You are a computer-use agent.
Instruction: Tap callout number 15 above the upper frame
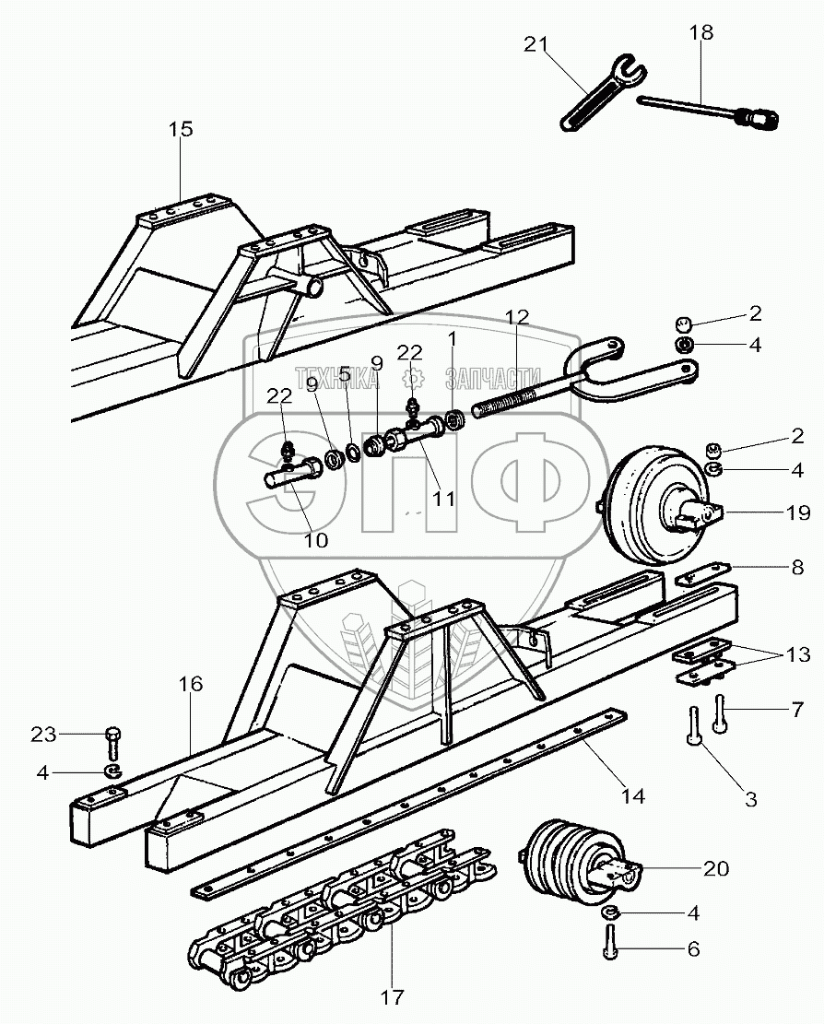click(x=181, y=129)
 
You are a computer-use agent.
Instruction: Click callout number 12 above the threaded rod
click(x=517, y=318)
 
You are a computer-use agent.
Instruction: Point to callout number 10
click(x=315, y=541)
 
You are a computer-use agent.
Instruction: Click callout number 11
click(x=444, y=499)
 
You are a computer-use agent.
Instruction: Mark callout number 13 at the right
click(x=798, y=655)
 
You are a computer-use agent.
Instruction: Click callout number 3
click(x=750, y=800)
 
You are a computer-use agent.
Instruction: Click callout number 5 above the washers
click(x=344, y=376)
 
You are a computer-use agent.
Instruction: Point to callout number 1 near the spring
click(x=452, y=338)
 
